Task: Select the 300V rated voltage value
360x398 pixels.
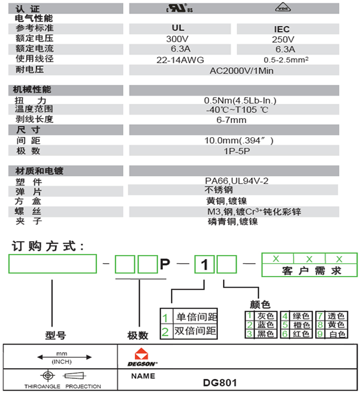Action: tap(178, 39)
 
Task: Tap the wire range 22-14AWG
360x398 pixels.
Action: tap(180, 59)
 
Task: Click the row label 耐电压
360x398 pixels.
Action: tap(29, 70)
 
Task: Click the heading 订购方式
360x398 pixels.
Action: tap(47, 246)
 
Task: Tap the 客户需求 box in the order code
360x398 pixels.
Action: tap(312, 271)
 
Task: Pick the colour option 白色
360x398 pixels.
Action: tap(336, 334)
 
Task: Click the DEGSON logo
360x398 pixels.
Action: tap(142, 358)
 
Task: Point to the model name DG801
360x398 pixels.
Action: tap(220, 383)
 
